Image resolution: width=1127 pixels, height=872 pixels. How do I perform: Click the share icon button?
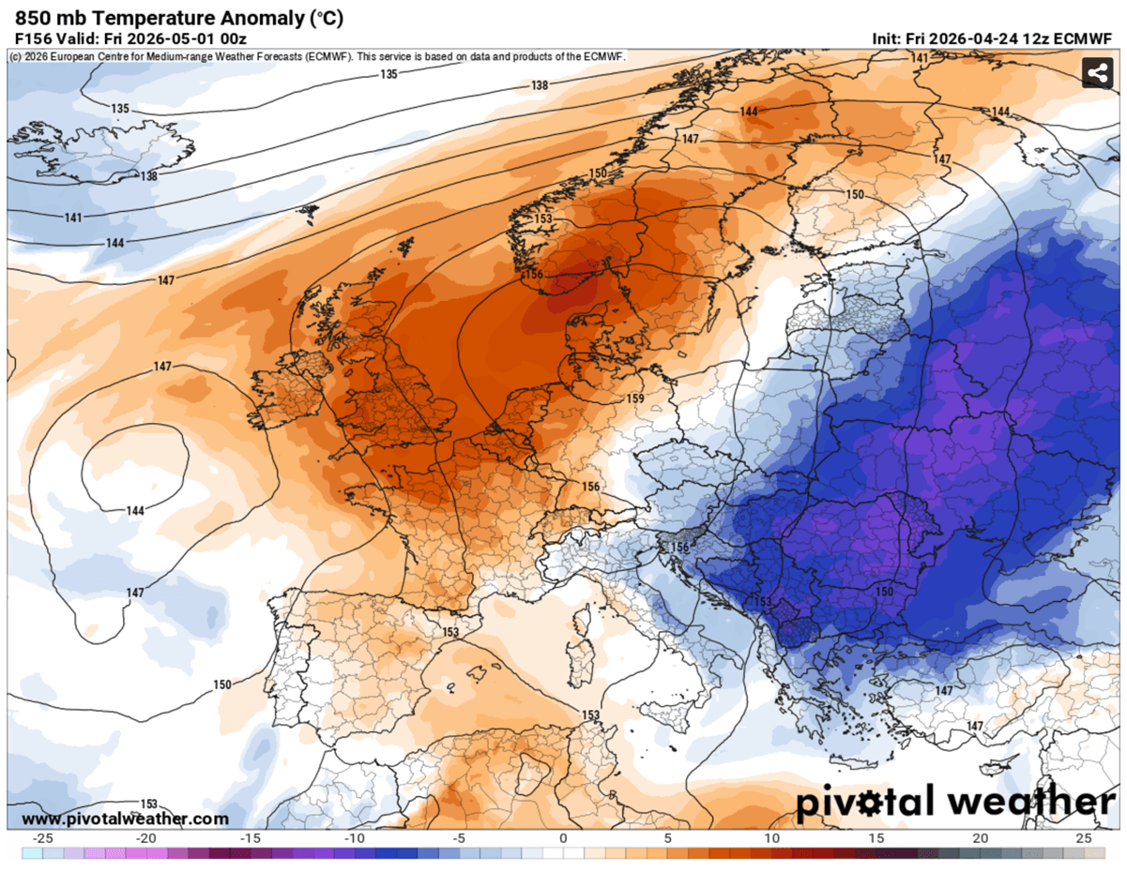tap(1096, 72)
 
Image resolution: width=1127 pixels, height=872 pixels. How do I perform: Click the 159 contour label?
tap(636, 399)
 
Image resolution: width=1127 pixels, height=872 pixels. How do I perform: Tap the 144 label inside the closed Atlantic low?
tap(135, 511)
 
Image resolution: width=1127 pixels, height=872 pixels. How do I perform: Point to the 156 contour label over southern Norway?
tap(533, 275)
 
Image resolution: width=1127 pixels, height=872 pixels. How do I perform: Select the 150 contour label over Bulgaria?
tap(884, 592)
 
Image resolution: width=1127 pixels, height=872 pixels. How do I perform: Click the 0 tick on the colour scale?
tap(563, 838)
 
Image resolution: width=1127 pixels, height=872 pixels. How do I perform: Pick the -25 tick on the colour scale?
tap(42, 838)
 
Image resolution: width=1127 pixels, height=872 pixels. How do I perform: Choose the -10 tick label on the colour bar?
tap(355, 838)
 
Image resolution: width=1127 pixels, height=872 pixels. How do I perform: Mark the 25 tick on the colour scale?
tap(1084, 838)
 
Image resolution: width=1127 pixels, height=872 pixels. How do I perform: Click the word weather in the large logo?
tap(1030, 803)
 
